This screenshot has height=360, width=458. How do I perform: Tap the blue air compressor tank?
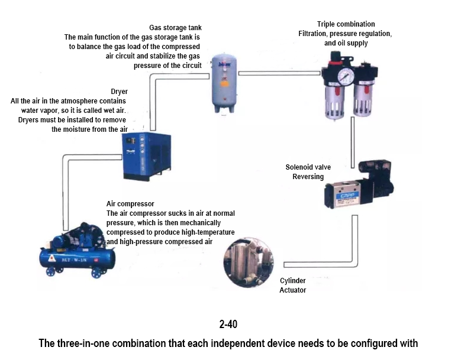[77, 255]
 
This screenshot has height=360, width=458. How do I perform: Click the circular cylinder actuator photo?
[249, 263]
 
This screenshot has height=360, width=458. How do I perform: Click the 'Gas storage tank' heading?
[175, 28]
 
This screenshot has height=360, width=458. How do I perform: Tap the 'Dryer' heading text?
[119, 92]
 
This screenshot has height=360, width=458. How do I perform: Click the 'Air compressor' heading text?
[130, 204]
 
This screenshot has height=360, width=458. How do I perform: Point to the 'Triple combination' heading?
[346, 24]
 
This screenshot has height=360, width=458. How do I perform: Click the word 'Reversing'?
[308, 177]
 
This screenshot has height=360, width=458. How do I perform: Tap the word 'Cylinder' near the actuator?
[292, 281]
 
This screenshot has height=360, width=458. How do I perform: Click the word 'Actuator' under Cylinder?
[292, 290]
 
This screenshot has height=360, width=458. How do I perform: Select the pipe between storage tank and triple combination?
[278, 73]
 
